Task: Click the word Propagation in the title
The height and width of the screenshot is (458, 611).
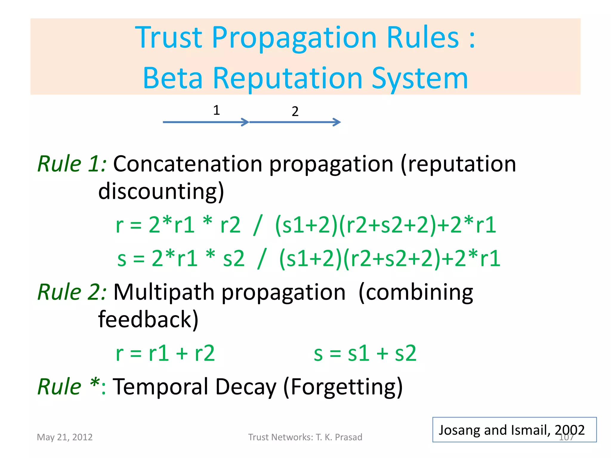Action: (294, 38)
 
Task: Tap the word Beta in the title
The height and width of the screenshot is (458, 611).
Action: (173, 78)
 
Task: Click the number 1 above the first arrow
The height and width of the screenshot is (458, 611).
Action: (217, 110)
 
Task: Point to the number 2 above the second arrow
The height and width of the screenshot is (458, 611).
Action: (295, 112)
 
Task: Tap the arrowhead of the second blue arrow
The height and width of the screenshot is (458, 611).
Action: (337, 122)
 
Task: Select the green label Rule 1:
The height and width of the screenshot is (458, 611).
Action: (72, 164)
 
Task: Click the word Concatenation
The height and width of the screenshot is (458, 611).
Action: (188, 164)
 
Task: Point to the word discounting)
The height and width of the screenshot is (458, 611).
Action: (161, 191)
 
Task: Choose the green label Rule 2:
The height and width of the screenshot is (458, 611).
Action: (72, 292)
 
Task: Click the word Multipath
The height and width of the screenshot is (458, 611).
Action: (164, 292)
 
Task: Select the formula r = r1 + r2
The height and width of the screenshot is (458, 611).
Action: (165, 353)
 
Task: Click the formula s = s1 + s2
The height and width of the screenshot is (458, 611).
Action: (365, 353)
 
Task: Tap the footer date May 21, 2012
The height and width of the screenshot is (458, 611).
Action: (65, 437)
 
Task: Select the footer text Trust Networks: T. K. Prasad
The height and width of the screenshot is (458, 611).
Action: (305, 437)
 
